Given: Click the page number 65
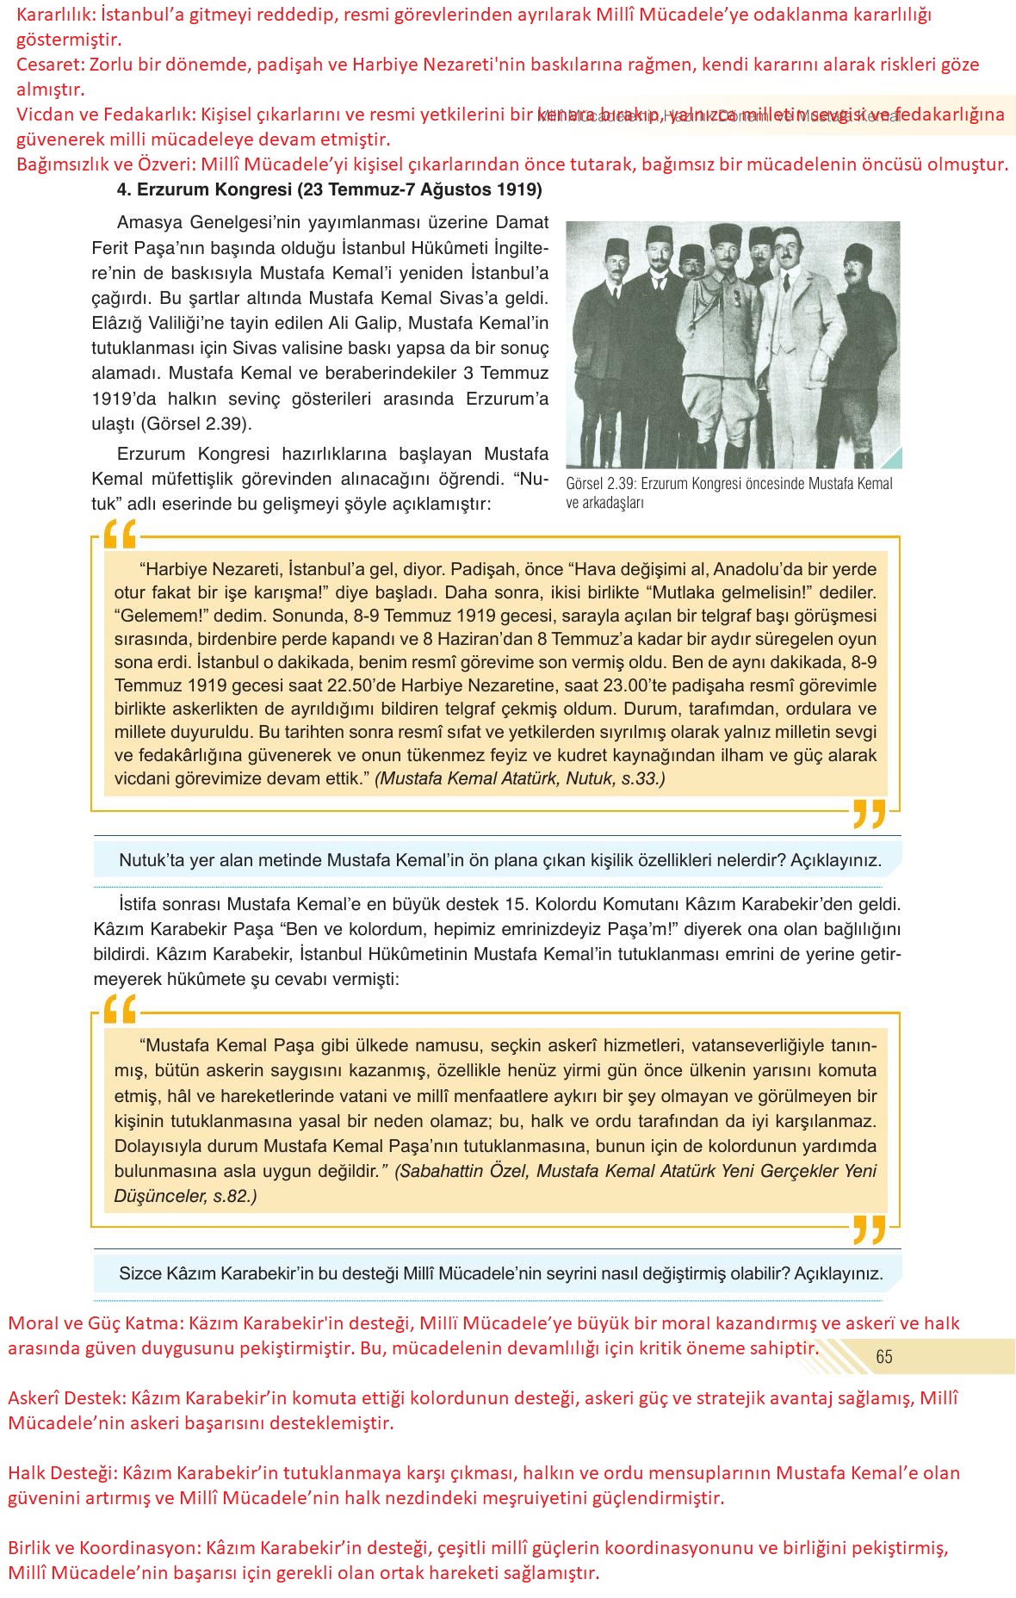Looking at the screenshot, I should click(x=883, y=1356).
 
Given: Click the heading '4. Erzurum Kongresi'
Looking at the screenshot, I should click(x=329, y=189).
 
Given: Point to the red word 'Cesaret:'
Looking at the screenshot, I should click(x=50, y=65).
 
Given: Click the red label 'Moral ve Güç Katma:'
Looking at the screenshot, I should click(x=95, y=1323).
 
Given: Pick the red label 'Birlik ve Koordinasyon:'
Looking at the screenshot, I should click(x=103, y=1547).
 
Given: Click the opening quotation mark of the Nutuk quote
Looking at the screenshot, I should click(x=120, y=536).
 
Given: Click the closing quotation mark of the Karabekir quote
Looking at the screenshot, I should click(x=869, y=1229).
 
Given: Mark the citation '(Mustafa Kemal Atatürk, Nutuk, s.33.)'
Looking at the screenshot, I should click(x=520, y=778).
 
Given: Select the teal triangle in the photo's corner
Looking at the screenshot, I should click(x=892, y=459).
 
